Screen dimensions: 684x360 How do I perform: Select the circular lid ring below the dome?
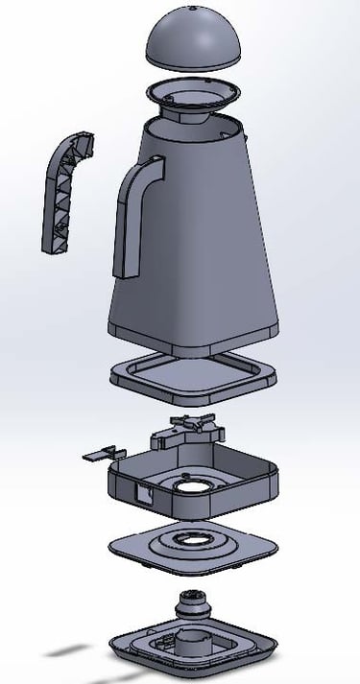tap(196, 97)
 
